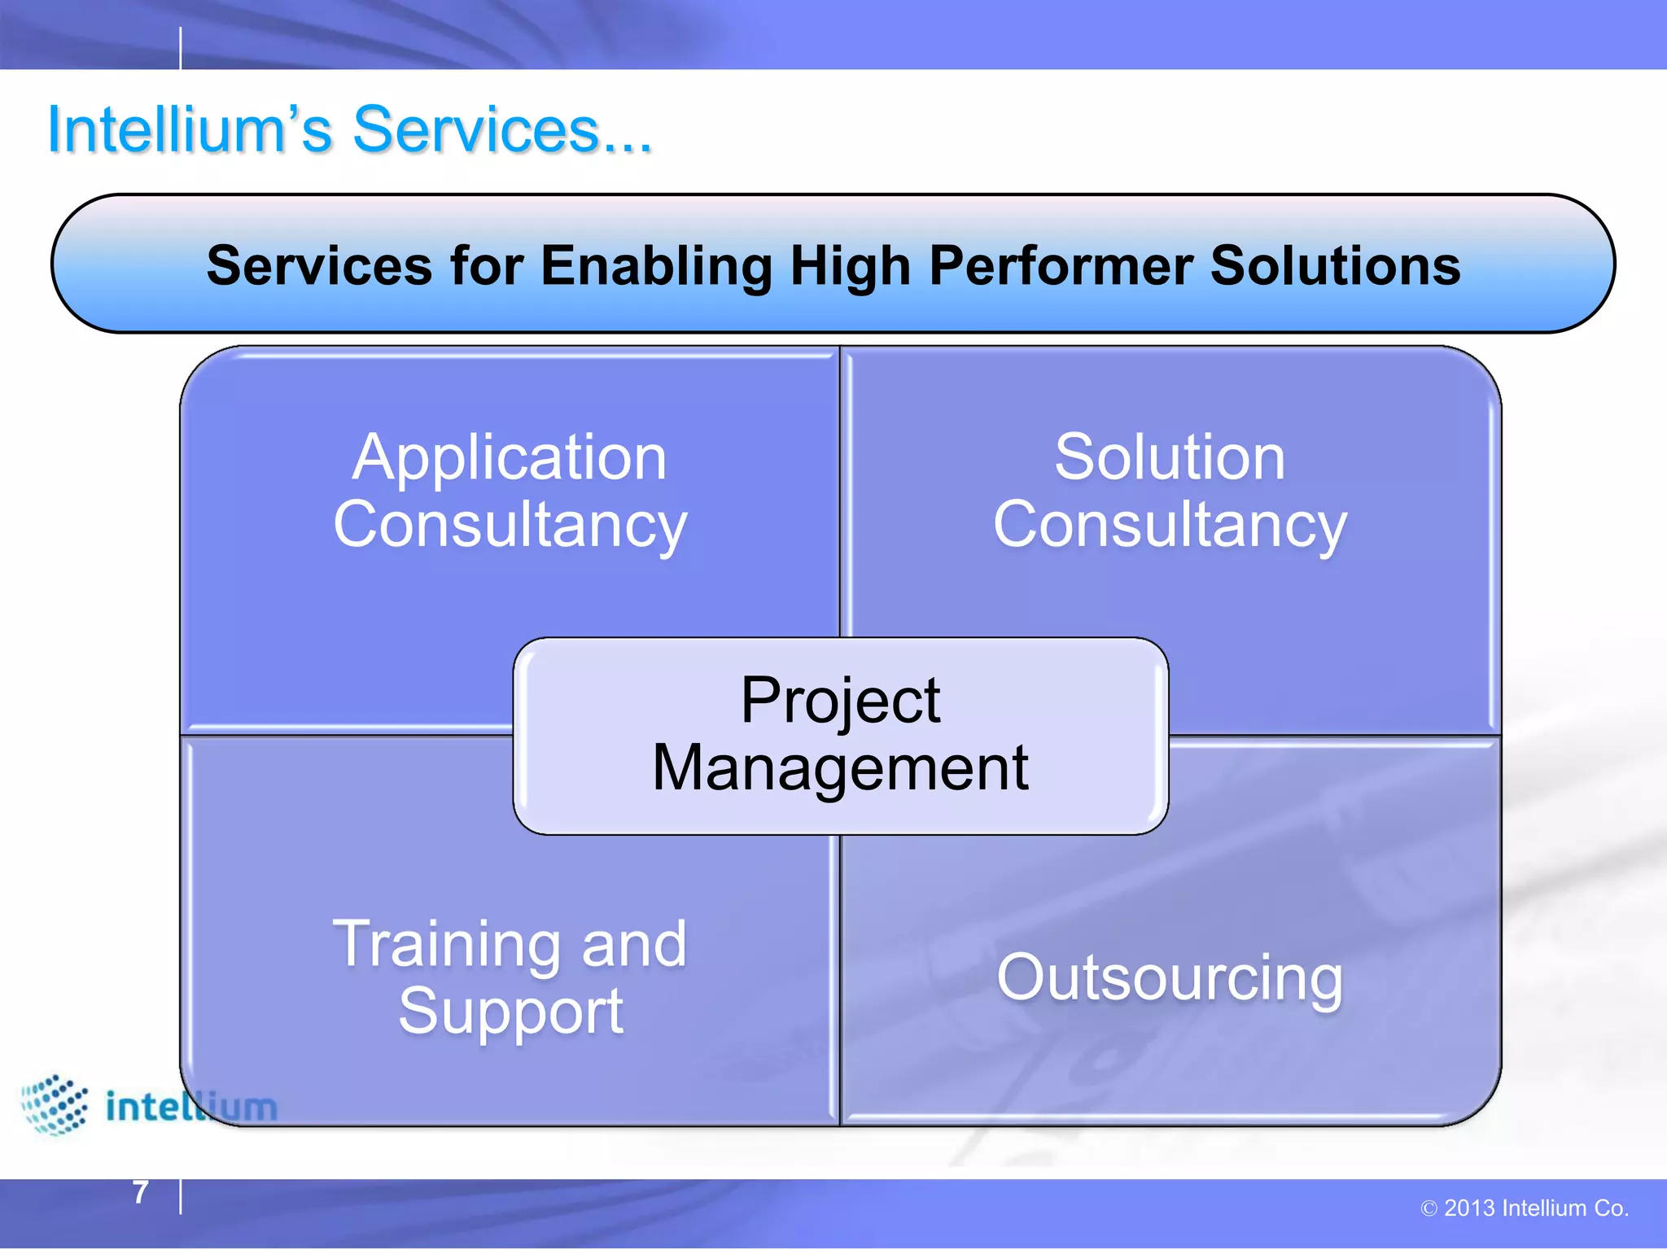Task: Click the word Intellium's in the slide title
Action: point(189,129)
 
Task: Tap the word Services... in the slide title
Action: point(502,129)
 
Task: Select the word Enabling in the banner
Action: point(656,266)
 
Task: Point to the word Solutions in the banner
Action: point(1335,266)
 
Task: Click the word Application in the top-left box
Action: point(510,458)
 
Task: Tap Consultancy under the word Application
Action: point(510,525)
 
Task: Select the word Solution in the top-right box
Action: point(1170,457)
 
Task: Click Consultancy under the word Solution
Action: point(1170,525)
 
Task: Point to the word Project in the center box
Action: point(840,701)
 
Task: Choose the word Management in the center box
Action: point(840,767)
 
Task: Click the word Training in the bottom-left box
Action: point(447,944)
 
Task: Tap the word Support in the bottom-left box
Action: point(511,1012)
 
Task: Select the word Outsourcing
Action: point(1170,977)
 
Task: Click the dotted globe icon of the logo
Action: point(55,1104)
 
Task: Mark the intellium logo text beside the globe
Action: point(192,1107)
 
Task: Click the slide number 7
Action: point(141,1193)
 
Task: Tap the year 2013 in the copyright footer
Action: point(1469,1208)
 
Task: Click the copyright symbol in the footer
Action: point(1429,1209)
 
